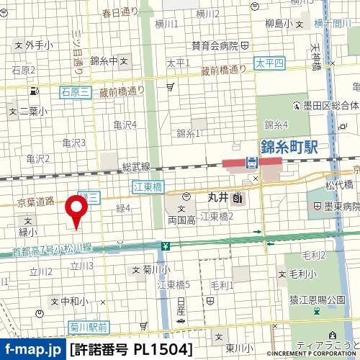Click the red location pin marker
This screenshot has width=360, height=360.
[x=76, y=210]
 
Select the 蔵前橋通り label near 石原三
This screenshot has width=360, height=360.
[x=122, y=91]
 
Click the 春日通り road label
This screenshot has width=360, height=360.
[x=119, y=12]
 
